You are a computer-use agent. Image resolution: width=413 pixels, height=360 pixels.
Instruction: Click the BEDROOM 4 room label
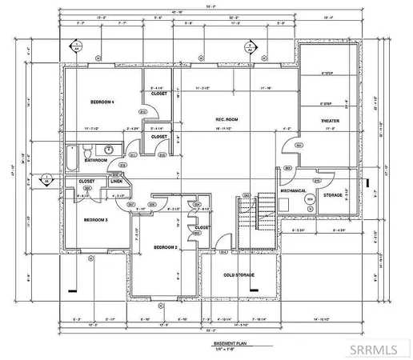coord(103,102)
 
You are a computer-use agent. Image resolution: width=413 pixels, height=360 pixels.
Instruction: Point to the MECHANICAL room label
coord(295,191)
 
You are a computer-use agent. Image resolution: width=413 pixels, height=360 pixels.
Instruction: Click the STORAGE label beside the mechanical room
coord(333,194)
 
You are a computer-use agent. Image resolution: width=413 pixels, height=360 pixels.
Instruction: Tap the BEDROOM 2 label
coord(165,248)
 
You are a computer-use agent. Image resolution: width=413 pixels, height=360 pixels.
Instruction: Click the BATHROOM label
coord(97,160)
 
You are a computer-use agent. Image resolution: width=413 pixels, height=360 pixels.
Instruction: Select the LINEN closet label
coord(116,182)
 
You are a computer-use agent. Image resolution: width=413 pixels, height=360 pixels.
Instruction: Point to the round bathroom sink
coord(106,150)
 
